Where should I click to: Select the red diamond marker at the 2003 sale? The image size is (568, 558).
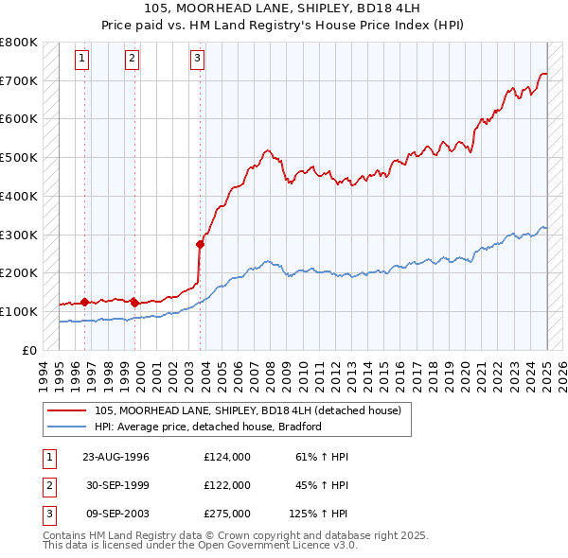(x=201, y=244)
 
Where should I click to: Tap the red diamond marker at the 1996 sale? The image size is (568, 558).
(x=84, y=303)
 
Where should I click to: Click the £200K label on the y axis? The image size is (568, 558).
(x=19, y=273)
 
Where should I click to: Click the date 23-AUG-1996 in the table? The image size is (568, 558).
(x=116, y=457)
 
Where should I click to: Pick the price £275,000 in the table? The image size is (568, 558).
(x=227, y=514)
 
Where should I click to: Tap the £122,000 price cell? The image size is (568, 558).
(x=227, y=485)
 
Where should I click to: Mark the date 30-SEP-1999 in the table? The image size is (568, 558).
(x=116, y=485)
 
